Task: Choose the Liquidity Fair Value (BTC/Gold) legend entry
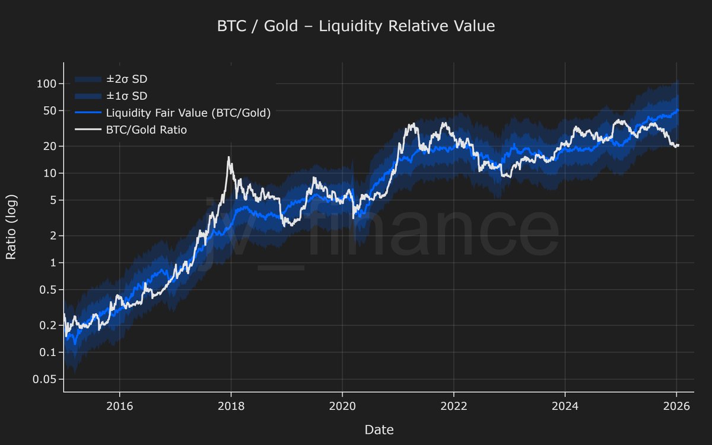(x=187, y=113)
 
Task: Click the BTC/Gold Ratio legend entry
(x=146, y=129)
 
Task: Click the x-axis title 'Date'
(x=379, y=430)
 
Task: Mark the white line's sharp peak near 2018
(x=228, y=157)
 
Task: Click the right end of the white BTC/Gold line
(x=679, y=145)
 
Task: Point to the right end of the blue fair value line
(x=679, y=110)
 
